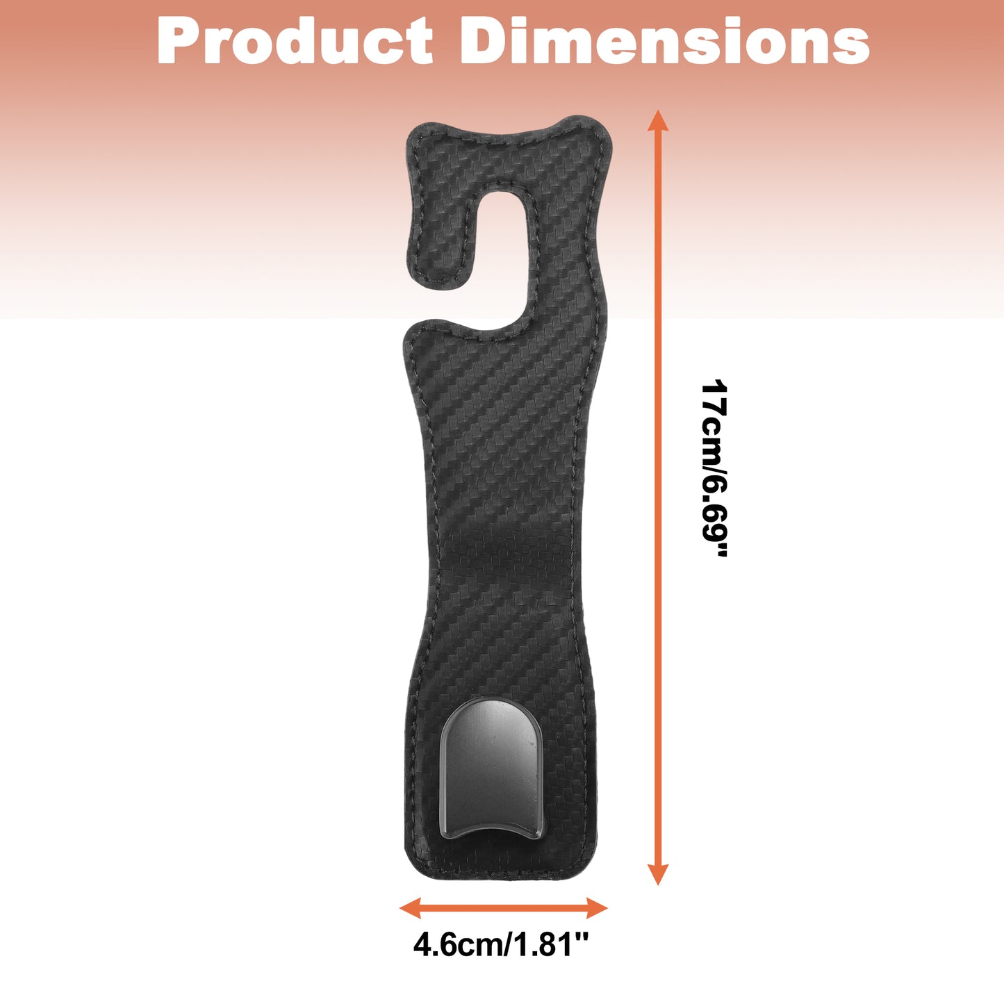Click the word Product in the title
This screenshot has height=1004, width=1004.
click(295, 40)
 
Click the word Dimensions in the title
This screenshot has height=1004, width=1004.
click(664, 40)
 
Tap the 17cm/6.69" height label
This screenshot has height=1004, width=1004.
click(714, 468)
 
